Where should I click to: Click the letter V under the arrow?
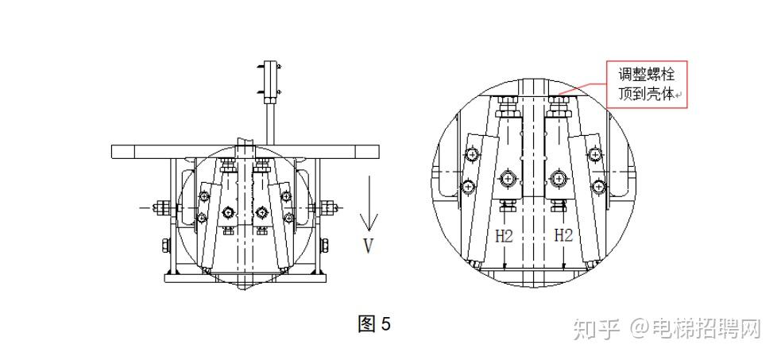coord(368,246)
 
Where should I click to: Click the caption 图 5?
coord(374,324)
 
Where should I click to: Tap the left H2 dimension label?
coord(504,236)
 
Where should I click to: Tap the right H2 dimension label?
coord(564,235)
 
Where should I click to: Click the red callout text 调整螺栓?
coord(647,75)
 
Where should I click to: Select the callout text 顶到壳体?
coord(647,94)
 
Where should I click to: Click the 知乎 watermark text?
coord(596,329)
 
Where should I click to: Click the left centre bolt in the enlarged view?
coord(508,178)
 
